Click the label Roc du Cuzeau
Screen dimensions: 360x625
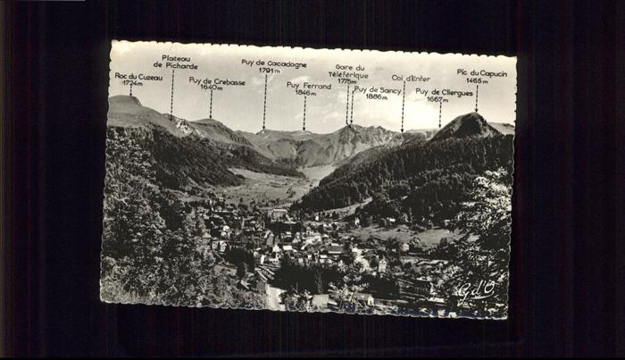pos(138,77)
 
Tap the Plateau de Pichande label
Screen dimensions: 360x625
pos(175,62)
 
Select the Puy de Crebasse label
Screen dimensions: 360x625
pos(216,80)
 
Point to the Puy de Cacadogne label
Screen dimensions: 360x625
pos(273,63)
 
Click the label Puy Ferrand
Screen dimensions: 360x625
pos(305,85)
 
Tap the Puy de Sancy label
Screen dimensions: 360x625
pos(377,89)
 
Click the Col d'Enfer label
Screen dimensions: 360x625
pos(410,78)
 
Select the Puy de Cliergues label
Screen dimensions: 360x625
pos(444,91)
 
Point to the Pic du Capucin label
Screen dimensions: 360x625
pos(481,72)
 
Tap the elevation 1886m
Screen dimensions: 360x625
pos(376,96)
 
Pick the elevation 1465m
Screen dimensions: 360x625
pos(477,80)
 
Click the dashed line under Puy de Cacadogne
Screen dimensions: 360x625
pos(264,103)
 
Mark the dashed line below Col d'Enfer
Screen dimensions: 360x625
pos(403,107)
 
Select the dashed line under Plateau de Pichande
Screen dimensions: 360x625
pos(171,92)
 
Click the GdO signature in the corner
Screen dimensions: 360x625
pos(476,289)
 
